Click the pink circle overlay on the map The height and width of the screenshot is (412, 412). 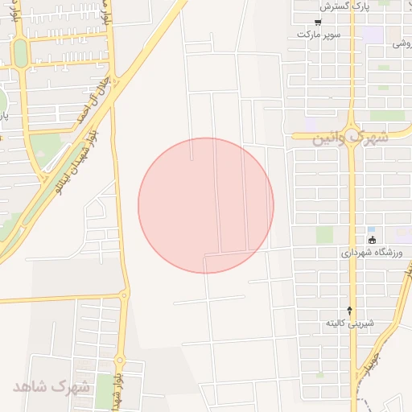tap(206, 206)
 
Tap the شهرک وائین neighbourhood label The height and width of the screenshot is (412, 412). tap(339, 138)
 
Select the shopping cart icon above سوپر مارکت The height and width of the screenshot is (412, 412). tap(319, 23)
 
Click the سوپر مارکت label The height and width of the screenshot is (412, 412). tap(319, 35)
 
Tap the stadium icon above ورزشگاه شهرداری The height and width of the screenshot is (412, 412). tap(371, 240)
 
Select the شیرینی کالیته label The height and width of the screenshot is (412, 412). tap(350, 323)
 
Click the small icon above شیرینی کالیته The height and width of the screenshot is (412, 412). tap(349, 310)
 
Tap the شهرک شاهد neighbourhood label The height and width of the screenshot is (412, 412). tap(52, 386)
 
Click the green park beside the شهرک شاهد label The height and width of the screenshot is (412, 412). tap(104, 389)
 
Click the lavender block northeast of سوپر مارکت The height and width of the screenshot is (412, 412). tap(373, 35)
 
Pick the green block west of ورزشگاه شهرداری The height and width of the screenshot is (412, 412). tap(324, 235)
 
